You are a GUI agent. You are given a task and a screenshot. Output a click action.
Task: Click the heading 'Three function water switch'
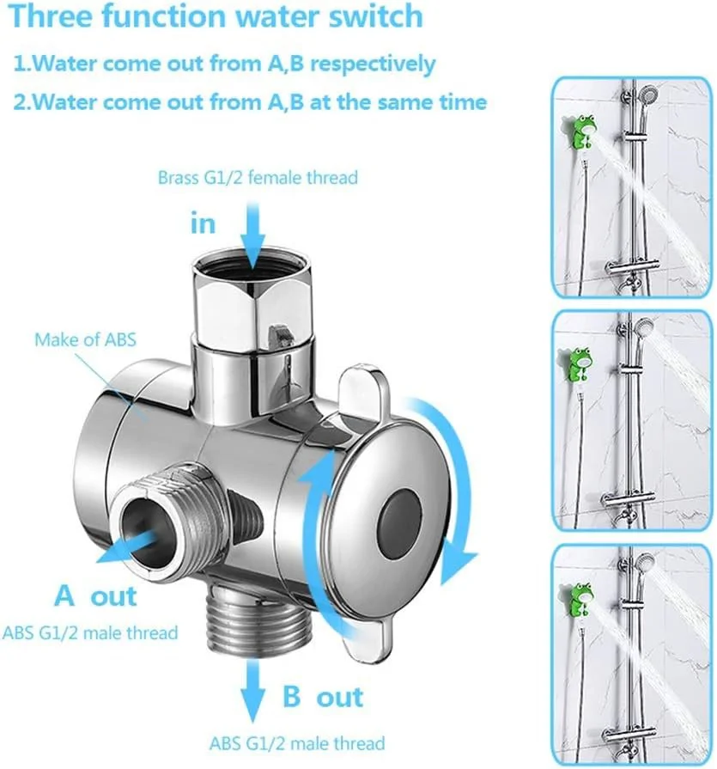tap(216, 16)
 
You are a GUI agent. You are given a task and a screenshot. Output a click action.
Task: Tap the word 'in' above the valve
tap(203, 224)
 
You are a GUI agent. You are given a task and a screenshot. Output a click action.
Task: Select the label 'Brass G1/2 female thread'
tap(258, 179)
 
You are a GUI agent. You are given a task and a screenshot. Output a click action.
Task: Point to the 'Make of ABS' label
tap(85, 339)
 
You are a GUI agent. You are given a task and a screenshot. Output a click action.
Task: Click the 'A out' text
tap(95, 595)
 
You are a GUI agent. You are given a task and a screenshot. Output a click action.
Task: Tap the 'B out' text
tap(323, 696)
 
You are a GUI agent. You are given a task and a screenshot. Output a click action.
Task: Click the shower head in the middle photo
tap(642, 329)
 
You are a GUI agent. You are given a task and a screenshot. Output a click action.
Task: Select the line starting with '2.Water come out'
tap(250, 102)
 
